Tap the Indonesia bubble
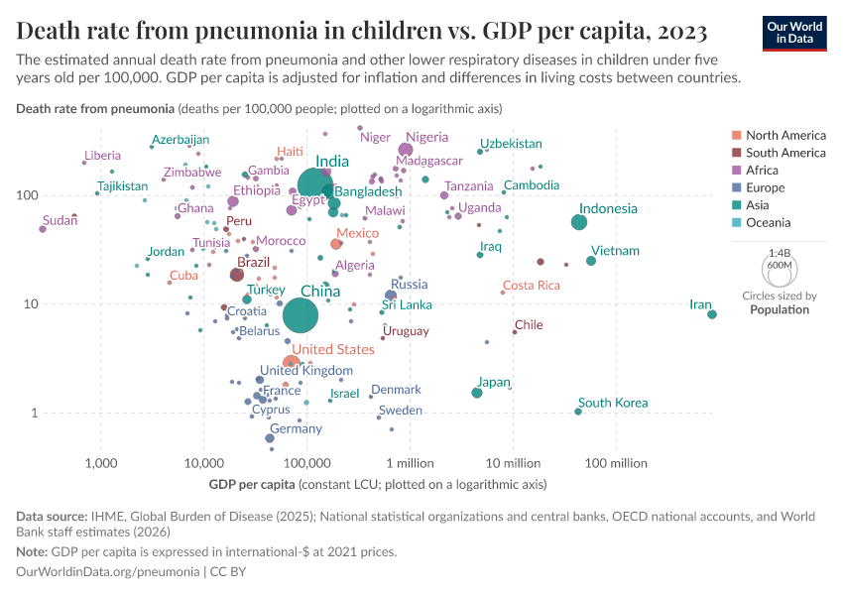[579, 222]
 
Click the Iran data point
[712, 314]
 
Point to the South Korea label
[613, 403]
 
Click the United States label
[333, 349]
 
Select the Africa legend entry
[764, 171]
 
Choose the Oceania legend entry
[769, 223]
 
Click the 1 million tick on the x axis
[410, 463]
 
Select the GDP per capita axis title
[252, 485]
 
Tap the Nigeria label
[427, 137]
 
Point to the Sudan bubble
[43, 229]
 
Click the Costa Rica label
[532, 286]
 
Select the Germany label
[296, 429]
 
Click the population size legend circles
[778, 268]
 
